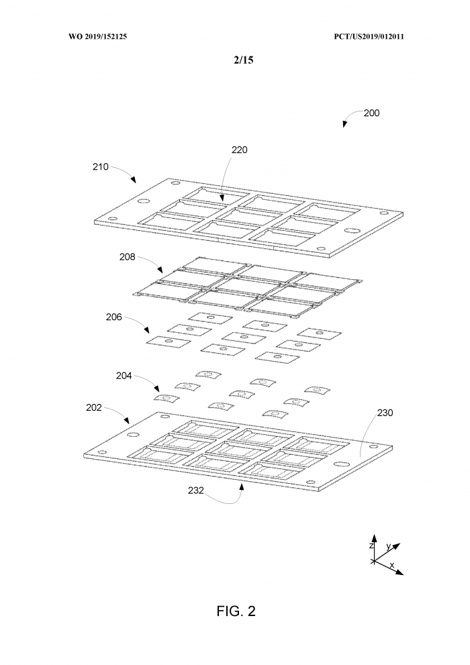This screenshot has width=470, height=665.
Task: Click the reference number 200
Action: (x=371, y=113)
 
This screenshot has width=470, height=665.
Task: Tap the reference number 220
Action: (x=239, y=150)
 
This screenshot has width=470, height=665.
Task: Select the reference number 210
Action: (x=101, y=166)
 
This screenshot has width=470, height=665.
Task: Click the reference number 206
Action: (x=113, y=317)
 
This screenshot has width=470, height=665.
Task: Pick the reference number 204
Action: (x=124, y=376)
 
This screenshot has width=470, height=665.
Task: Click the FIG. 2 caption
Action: (x=236, y=611)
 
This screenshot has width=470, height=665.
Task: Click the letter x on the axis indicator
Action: (x=392, y=566)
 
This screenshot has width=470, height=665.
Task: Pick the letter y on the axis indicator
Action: (x=388, y=546)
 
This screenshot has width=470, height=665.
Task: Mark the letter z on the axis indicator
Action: (x=371, y=546)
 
